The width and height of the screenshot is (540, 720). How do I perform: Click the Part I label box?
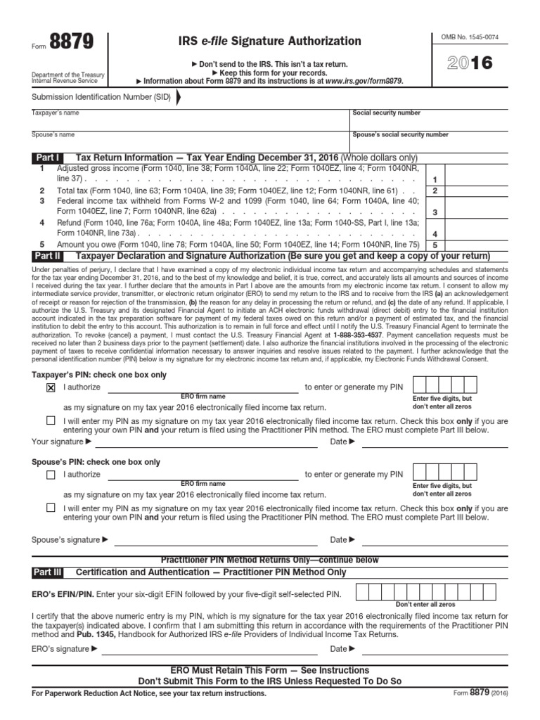(46, 157)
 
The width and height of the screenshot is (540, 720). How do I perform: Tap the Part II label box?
(47, 256)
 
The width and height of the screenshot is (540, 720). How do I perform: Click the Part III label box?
(48, 572)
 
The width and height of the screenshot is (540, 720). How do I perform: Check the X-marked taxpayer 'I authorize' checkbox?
(51, 387)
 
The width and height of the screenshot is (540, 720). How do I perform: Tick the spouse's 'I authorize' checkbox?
(51, 475)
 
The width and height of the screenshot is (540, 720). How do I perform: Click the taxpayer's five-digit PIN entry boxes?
(446, 385)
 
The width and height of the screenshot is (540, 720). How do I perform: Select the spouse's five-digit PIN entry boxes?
(446, 472)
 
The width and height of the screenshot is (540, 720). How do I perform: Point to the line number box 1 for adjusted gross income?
(435, 180)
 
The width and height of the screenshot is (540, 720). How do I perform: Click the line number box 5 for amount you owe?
(435, 245)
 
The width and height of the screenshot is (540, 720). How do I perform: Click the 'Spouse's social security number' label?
(400, 134)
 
